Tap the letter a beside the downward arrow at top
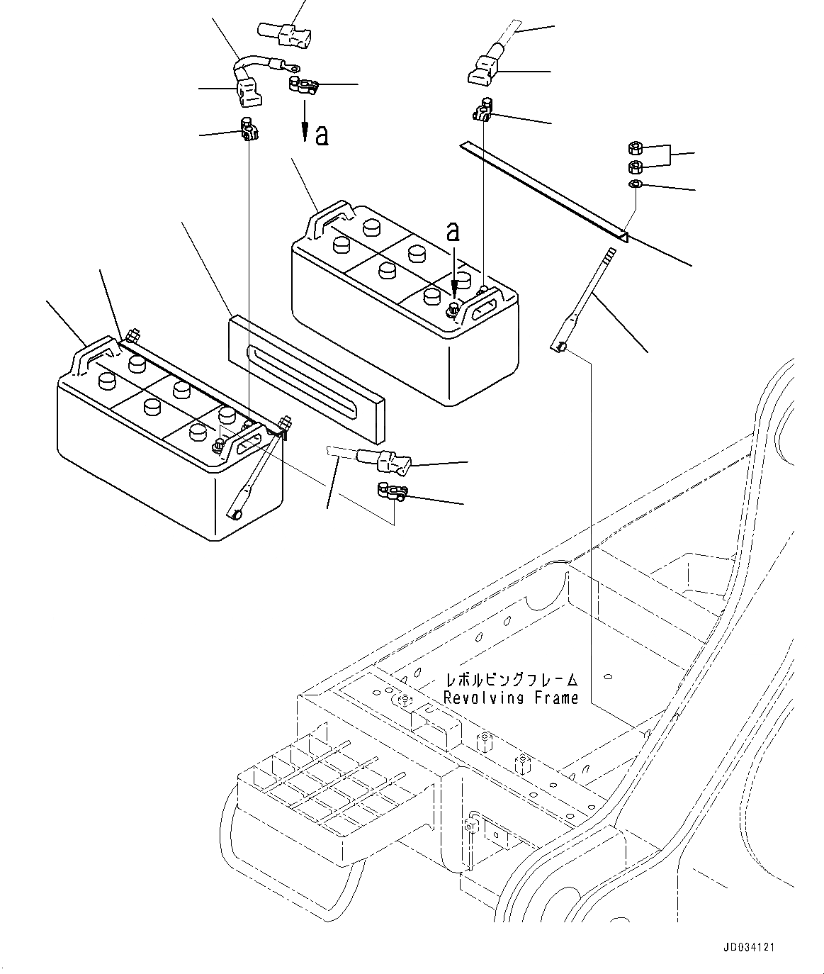point(322,135)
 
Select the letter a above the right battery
point(453,231)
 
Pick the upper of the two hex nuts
point(636,149)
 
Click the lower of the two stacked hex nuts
point(636,167)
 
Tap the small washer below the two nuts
point(636,184)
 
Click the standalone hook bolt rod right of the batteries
point(582,298)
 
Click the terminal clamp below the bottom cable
point(389,490)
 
